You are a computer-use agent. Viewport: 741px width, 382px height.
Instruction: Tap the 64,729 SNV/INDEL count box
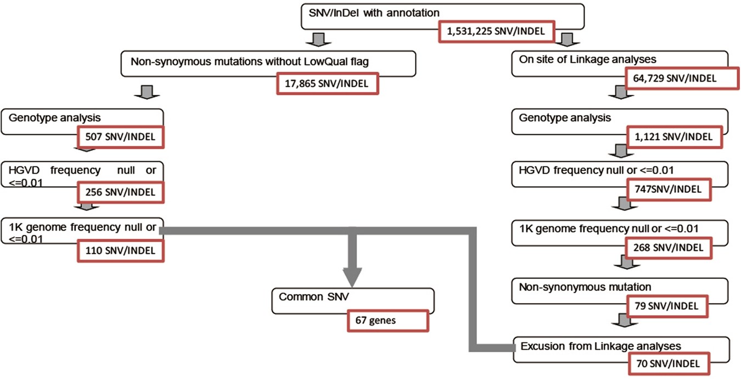(682, 78)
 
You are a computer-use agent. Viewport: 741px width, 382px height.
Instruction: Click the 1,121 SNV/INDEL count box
(675, 136)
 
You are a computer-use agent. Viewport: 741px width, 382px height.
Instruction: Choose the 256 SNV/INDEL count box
(121, 192)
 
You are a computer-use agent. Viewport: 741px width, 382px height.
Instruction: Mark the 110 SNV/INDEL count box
(121, 250)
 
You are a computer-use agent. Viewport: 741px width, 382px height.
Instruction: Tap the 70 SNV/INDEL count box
(667, 363)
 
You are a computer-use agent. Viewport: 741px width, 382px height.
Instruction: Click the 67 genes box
(387, 321)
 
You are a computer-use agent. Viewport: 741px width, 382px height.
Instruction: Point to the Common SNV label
(307, 297)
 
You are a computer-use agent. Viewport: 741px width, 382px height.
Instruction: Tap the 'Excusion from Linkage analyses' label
(600, 346)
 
